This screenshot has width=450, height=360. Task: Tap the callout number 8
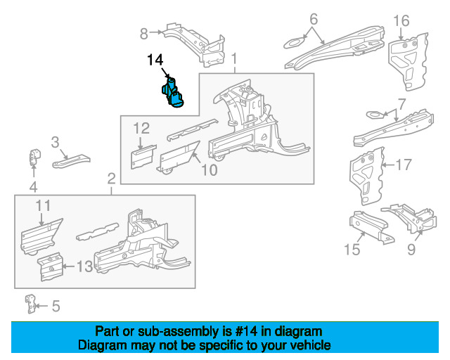click(x=144, y=32)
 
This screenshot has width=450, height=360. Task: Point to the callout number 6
click(x=314, y=18)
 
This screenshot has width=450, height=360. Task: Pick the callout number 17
click(x=403, y=165)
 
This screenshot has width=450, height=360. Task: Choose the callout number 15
click(x=352, y=249)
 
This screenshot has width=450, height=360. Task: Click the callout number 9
click(x=411, y=249)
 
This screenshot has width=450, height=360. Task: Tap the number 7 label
click(x=401, y=103)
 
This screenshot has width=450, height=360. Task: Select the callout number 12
click(x=141, y=128)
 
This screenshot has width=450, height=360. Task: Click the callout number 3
click(x=56, y=143)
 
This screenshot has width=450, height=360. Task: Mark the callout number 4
click(x=32, y=186)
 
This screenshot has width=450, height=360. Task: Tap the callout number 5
click(x=56, y=306)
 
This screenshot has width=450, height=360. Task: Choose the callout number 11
click(x=44, y=205)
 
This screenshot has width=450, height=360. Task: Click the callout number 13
click(x=84, y=266)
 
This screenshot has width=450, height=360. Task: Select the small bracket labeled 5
click(x=30, y=303)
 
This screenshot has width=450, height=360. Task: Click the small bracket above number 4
click(x=33, y=157)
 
